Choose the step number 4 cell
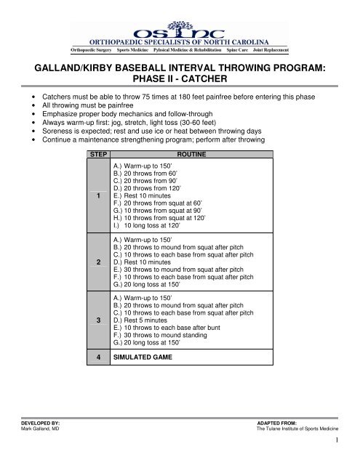[97, 358]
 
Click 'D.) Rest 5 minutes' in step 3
[140, 320]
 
